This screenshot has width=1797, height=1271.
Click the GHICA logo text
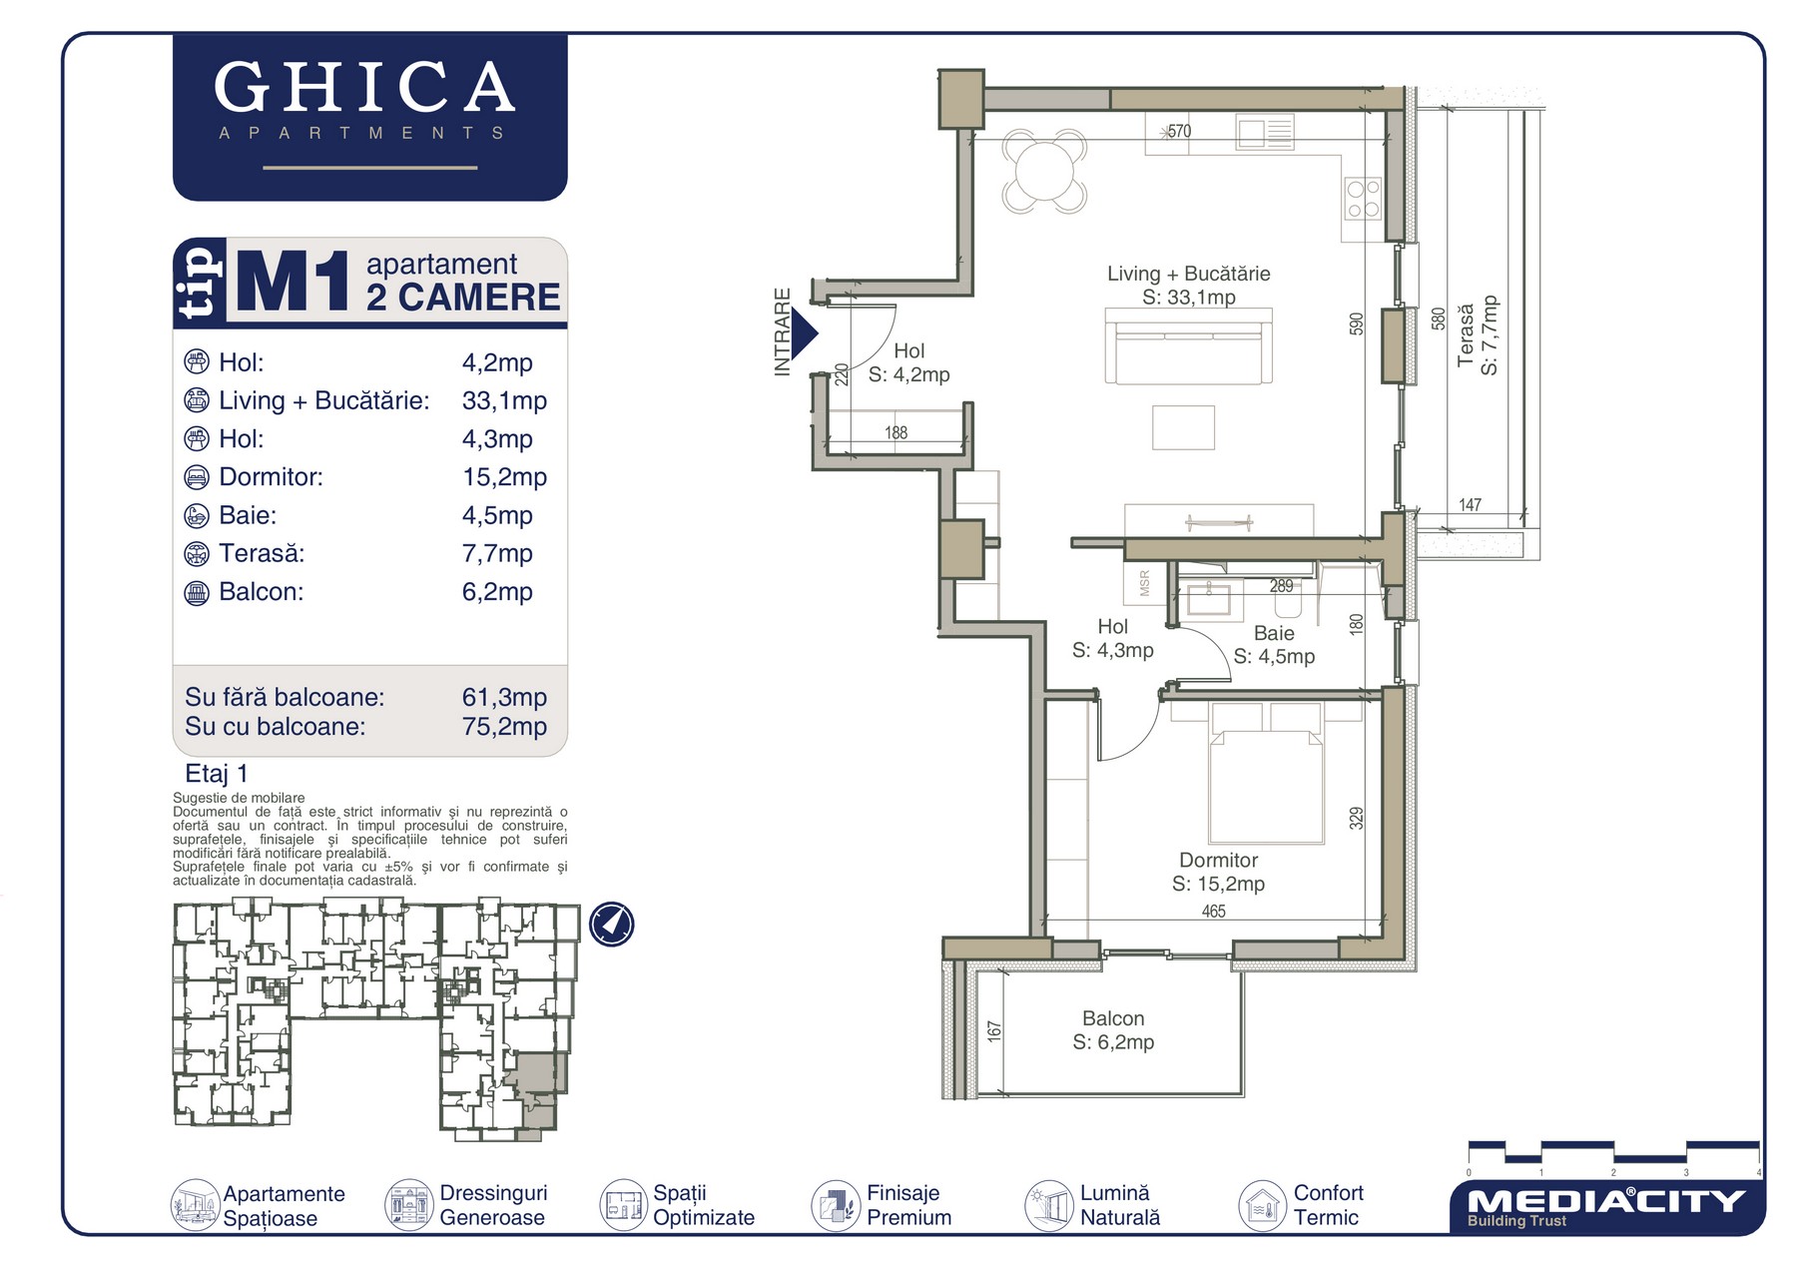click(364, 87)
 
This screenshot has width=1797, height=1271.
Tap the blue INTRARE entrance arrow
click(804, 333)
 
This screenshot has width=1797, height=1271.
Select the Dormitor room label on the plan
click(1218, 861)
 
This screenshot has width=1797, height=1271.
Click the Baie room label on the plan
click(1274, 633)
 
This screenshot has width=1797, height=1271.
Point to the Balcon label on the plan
click(1113, 1018)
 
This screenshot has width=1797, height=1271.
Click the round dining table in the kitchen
click(1044, 172)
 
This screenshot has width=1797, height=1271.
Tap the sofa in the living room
click(1188, 345)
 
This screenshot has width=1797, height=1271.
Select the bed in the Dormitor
click(1266, 774)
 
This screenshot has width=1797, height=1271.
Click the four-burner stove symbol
click(1363, 198)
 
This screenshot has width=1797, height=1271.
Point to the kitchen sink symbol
click(1265, 132)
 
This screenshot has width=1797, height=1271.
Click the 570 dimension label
click(1179, 131)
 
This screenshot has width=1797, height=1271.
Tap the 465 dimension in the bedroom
click(1213, 912)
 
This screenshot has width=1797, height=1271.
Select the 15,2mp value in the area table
click(504, 477)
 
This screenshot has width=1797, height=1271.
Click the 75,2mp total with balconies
click(504, 727)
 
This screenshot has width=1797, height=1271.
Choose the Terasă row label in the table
click(262, 553)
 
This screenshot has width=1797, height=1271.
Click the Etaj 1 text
click(217, 774)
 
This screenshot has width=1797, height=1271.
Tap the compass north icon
click(611, 924)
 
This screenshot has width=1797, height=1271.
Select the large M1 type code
click(293, 283)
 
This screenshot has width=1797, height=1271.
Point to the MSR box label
click(1144, 583)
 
